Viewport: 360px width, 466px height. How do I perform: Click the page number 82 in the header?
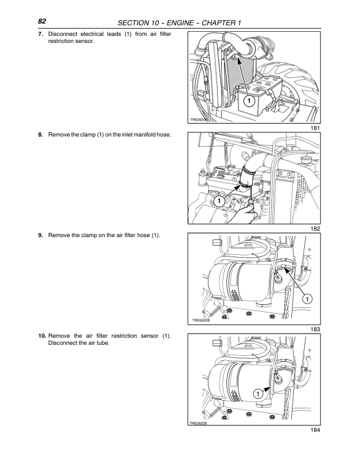coord(42,21)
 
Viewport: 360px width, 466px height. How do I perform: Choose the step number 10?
coord(42,336)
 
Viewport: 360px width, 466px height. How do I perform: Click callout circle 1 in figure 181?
coord(249,101)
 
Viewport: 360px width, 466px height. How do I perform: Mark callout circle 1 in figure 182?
coord(218,201)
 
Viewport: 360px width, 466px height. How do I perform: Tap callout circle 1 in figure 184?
coord(258,393)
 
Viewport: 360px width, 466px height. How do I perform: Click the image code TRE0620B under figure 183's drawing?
coord(202,321)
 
